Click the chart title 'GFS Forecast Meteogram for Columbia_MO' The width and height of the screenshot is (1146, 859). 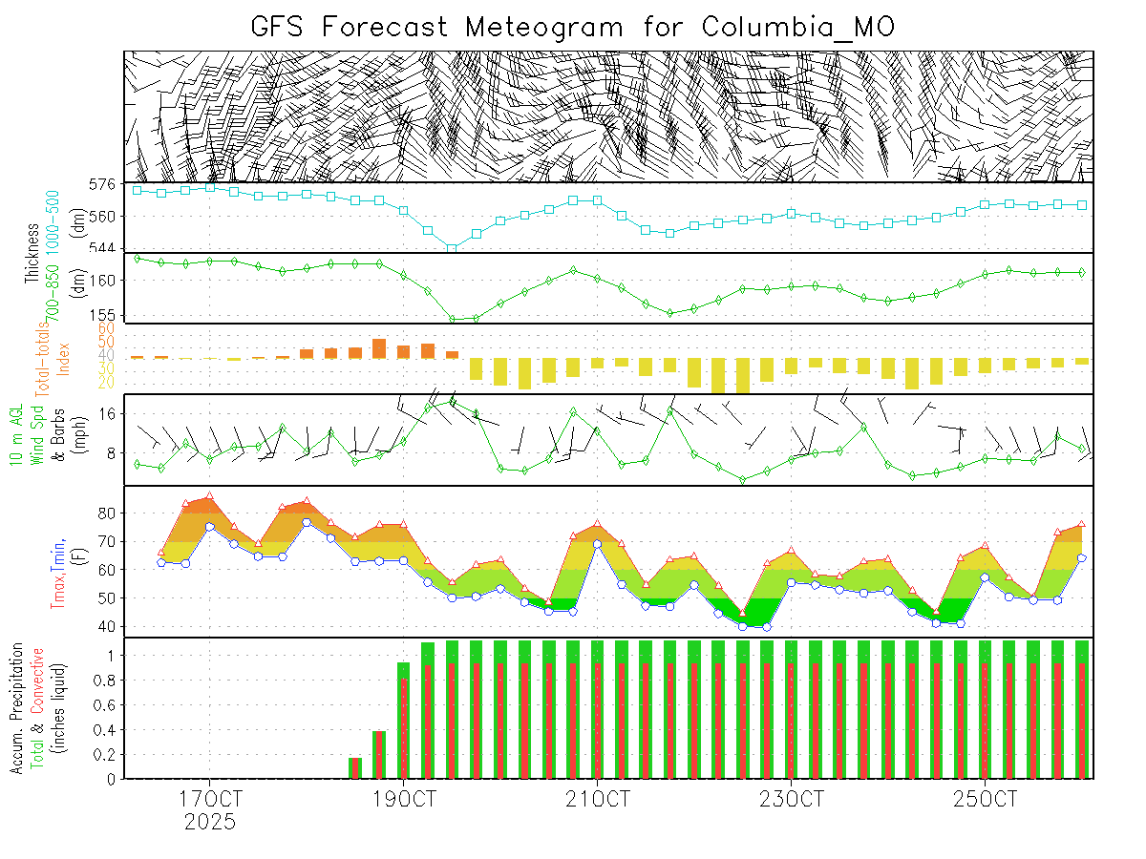coord(572,26)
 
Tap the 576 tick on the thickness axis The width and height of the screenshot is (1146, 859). coord(102,183)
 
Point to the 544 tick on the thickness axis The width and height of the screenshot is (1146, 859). coord(102,247)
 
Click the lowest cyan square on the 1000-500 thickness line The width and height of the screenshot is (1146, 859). coord(452,248)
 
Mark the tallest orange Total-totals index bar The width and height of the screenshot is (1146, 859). coord(379,347)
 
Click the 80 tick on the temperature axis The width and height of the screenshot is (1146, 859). coord(107,513)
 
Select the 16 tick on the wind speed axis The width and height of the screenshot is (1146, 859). coord(107,413)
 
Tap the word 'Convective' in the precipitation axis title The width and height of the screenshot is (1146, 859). coord(38,683)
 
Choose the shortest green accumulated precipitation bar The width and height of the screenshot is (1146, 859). coord(355,767)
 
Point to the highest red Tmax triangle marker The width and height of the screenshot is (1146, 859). coord(209,496)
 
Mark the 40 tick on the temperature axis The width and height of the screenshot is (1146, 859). coord(107,626)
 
